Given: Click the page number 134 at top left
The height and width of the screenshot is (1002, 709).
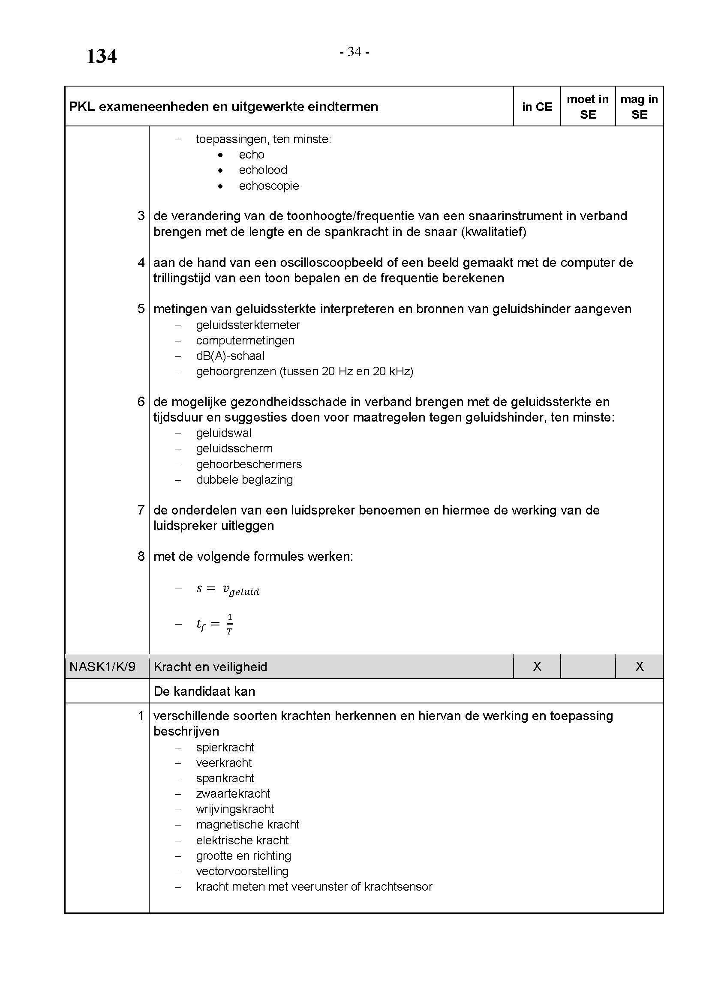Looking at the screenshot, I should (101, 56).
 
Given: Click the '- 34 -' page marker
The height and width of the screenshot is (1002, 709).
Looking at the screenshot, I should (354, 52).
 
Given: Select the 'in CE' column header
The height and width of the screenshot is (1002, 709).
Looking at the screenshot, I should (537, 107).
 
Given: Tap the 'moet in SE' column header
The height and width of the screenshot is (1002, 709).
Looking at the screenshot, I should (587, 107).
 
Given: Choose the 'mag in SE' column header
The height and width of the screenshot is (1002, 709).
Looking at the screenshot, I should (639, 107).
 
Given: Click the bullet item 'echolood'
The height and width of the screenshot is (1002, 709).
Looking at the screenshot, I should (263, 170).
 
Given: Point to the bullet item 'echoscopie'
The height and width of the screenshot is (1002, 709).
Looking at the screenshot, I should (268, 186).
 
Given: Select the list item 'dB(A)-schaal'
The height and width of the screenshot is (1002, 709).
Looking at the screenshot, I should (230, 356).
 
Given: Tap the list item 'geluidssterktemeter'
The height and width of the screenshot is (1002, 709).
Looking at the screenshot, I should (247, 325).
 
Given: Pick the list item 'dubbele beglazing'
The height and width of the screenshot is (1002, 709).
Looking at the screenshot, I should (244, 480).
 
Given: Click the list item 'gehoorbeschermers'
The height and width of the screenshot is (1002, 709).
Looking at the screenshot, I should (249, 464).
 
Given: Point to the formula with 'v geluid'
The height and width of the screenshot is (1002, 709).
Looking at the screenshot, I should (228, 589).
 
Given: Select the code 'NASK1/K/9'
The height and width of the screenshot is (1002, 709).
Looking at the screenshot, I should (102, 667).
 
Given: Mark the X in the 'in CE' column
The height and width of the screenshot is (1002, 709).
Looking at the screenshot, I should (537, 667).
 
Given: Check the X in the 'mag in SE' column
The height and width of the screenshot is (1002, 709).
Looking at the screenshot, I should (639, 667).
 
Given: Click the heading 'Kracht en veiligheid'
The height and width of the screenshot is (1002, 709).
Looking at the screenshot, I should (210, 667).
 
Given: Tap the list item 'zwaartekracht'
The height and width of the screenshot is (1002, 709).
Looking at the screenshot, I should (233, 794).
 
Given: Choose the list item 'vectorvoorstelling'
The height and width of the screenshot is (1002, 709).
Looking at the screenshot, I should (242, 871).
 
